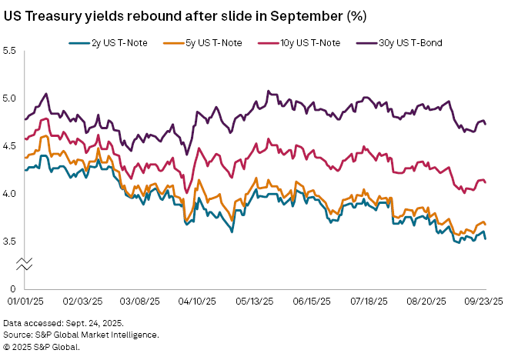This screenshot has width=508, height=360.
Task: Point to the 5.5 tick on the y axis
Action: click(x=10, y=51)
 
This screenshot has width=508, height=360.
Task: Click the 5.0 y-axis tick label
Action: click(x=10, y=98)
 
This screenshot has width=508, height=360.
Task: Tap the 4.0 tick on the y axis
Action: click(x=10, y=194)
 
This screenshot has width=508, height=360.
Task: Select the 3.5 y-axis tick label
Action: click(x=10, y=242)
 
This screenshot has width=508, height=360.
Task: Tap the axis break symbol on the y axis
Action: click(x=25, y=265)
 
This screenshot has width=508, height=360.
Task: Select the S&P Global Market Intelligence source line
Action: click(x=81, y=335)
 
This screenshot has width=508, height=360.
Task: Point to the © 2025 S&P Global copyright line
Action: click(x=42, y=346)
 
